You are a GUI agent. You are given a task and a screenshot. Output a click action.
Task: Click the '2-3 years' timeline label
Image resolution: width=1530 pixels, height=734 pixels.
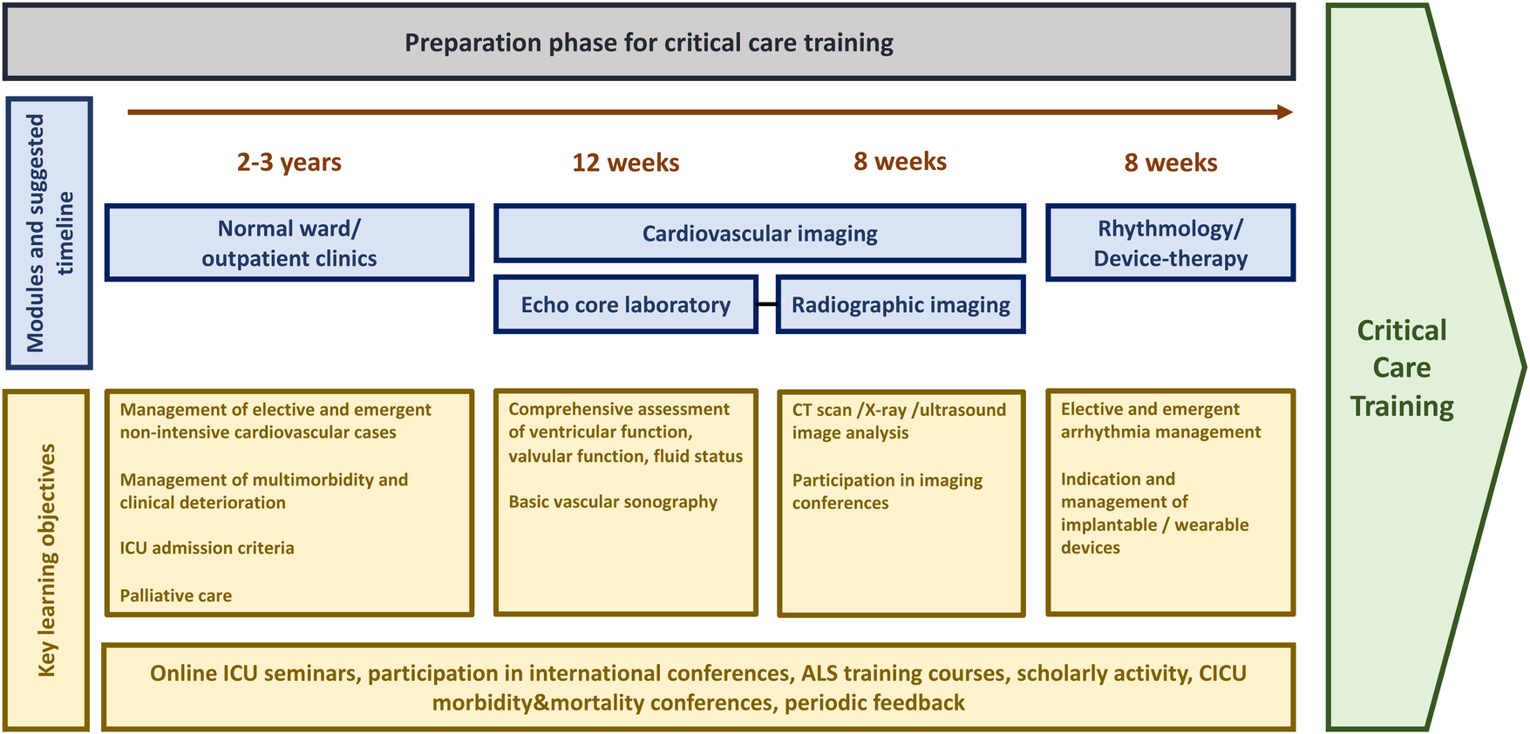[x=289, y=162]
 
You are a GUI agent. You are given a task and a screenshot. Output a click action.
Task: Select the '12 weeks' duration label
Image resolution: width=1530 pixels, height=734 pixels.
[x=625, y=162]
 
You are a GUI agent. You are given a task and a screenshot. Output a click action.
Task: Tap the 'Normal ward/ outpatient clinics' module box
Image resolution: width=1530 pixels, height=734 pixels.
[x=289, y=243]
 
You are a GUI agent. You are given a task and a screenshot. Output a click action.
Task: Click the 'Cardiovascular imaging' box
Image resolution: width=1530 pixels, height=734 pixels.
[x=759, y=234]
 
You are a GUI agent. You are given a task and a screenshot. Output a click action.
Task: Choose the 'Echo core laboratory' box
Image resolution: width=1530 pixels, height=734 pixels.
[x=625, y=305]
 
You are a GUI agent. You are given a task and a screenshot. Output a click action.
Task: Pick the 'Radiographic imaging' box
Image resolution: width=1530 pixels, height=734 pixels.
[x=901, y=305]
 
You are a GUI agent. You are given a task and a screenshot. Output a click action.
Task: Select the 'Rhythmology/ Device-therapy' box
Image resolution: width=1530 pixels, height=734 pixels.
[x=1170, y=243]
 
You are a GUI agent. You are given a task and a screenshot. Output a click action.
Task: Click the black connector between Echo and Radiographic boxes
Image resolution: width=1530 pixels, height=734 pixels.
[x=766, y=304]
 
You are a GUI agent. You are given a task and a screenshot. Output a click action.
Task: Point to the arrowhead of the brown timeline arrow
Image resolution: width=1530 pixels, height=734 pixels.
[x=1284, y=112]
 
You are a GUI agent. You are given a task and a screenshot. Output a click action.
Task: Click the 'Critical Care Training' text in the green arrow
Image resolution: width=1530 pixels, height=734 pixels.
[x=1401, y=368]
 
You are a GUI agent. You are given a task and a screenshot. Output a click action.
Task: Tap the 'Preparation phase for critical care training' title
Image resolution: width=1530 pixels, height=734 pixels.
[x=649, y=43]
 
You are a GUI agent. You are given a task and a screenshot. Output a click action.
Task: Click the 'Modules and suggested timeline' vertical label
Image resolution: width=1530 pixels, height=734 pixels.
[x=49, y=233]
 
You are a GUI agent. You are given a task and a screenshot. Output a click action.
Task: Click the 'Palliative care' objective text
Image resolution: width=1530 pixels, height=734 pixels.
[x=176, y=596]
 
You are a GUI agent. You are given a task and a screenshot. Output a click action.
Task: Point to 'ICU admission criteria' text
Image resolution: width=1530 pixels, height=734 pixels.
[x=207, y=548]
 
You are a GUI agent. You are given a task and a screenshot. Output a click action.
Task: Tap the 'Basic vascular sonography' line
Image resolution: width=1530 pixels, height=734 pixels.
[x=613, y=502]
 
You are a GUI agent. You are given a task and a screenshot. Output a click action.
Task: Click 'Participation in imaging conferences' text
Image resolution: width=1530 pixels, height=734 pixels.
[x=887, y=492]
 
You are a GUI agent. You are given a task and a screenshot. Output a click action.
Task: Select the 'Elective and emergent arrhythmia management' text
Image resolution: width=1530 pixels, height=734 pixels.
[x=1160, y=420]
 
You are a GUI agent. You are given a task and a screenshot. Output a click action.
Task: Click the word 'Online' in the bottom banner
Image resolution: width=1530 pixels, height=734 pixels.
[x=183, y=673]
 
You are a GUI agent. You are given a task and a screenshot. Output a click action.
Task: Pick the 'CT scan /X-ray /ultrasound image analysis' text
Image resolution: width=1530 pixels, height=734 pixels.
[x=899, y=421]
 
